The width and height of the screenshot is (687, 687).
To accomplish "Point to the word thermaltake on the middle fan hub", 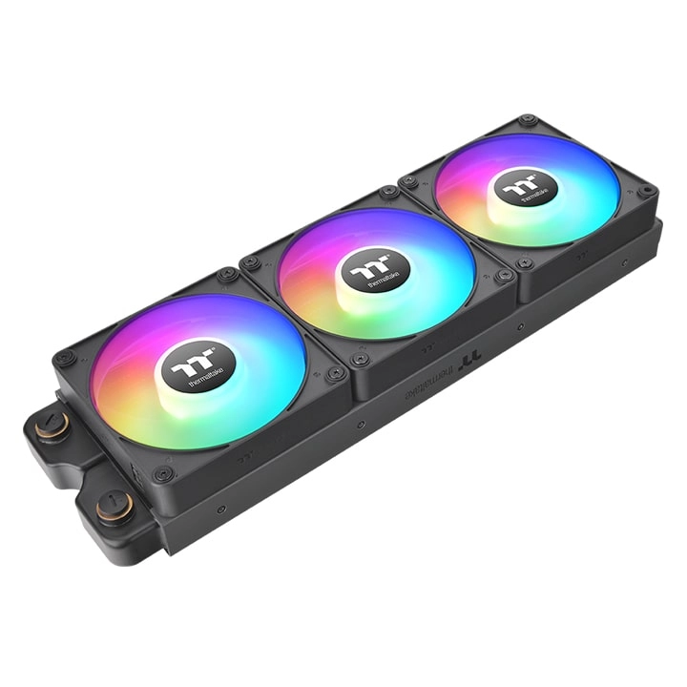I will click(381, 282).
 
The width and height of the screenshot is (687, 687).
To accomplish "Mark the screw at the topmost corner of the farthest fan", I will click(526, 121).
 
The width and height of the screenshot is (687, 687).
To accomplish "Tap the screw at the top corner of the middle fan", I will click(388, 192).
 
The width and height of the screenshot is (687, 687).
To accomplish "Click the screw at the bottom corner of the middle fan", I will click(360, 361).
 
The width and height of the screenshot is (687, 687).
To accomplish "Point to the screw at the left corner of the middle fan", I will click(250, 261).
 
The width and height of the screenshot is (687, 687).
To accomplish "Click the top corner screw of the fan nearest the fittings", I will click(227, 276).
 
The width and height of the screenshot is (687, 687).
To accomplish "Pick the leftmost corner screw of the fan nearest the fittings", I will click(64, 359).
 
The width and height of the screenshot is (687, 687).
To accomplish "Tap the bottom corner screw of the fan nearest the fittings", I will click(164, 473).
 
